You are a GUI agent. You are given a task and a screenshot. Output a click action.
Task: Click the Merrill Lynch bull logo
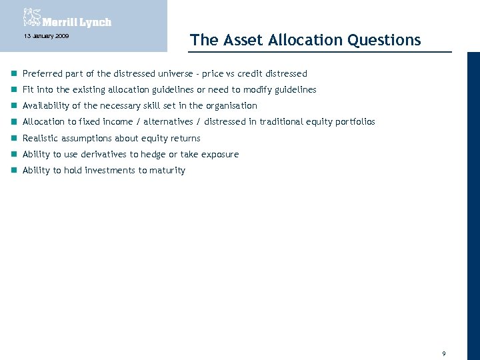[31, 17]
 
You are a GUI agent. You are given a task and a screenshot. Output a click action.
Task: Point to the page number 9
[443, 353]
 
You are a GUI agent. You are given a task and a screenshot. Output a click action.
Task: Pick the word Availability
[46, 105]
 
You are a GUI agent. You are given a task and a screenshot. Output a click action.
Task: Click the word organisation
[231, 105]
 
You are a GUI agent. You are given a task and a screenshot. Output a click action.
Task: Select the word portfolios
[355, 122]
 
